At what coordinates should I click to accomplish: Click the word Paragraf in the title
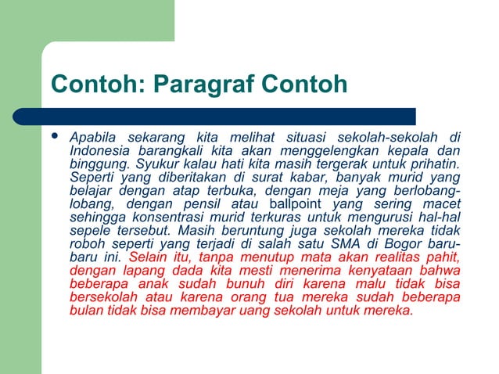pyautogui.click(x=212, y=83)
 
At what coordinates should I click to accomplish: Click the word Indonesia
pyautogui.click(x=99, y=150)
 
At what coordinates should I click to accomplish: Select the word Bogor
pyautogui.click(x=408, y=243)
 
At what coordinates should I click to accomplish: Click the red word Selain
pyautogui.click(x=149, y=257)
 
